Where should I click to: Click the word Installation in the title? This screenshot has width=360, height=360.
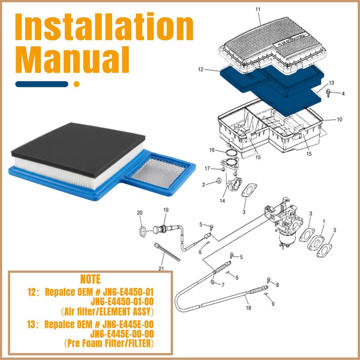coord(104,27)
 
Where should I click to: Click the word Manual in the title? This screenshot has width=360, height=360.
coord(72,59)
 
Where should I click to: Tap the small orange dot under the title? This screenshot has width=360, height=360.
coord(76,84)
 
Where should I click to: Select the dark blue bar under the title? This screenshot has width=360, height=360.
coord(42,84)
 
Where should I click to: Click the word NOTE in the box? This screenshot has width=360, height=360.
coord(90,279)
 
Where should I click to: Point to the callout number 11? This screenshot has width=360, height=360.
coord(258,9)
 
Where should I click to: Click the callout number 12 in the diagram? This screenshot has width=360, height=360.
coord(201,69)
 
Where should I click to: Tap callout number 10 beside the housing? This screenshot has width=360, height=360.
coord(339,119)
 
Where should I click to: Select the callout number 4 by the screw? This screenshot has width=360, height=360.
coord(343,94)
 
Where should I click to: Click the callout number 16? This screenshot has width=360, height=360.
coord(211,150)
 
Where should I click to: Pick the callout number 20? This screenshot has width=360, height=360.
coord(139,213)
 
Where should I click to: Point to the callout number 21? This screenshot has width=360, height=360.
coord(161,268)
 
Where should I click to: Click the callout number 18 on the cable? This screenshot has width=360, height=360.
coord(248,308)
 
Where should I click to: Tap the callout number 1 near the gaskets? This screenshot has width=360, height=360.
coord(324,221)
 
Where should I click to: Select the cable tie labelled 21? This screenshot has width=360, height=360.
coord(167,252)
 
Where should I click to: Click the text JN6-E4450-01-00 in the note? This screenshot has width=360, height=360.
coord(122,301)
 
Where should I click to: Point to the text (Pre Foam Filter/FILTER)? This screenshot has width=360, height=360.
coord(109,343)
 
